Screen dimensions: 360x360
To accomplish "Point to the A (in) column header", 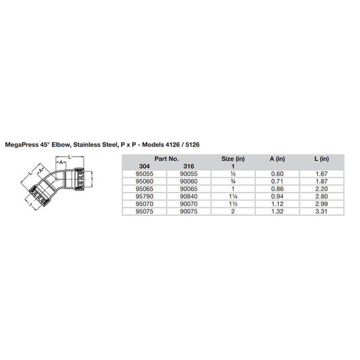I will click(276, 159).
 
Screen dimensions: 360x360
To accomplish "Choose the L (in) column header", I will click(321, 159).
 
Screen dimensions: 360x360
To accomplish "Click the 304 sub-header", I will click(144, 166).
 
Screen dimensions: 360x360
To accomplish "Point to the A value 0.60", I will click(276, 174).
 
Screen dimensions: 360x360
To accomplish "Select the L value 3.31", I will click(321, 210).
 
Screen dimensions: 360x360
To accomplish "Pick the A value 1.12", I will click(276, 203).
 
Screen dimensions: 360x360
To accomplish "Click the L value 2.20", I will click(321, 188).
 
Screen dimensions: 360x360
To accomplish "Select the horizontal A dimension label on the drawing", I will click(61, 163).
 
